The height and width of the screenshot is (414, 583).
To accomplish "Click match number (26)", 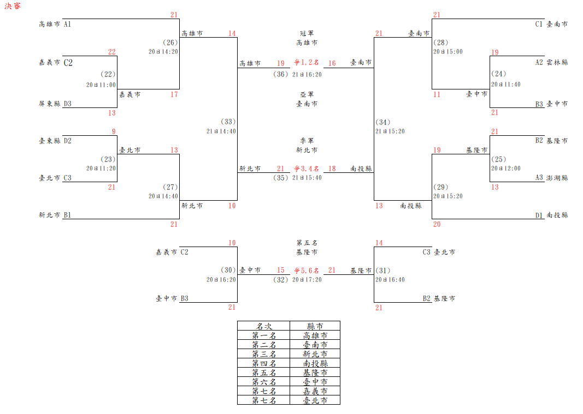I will pyautogui.click(x=170, y=43).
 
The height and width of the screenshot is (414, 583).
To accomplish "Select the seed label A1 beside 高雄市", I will pyautogui.click(x=68, y=24).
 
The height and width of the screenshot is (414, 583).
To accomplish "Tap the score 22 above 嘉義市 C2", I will pyautogui.click(x=112, y=52).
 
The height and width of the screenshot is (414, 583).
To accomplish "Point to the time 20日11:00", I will pyautogui.click(x=101, y=85).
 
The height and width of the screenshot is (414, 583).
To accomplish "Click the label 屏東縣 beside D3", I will pyautogui.click(x=50, y=103).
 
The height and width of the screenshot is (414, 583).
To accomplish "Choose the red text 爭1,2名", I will pyautogui.click(x=307, y=63).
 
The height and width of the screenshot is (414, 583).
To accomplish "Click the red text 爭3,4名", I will pyautogui.click(x=307, y=169).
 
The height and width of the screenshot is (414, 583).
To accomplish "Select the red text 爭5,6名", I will pyautogui.click(x=307, y=270).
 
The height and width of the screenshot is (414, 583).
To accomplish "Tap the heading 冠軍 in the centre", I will pyautogui.click(x=307, y=33).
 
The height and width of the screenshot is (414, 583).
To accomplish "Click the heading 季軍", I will pyautogui.click(x=307, y=140).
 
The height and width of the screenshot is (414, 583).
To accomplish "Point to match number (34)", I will pyautogui.click(x=384, y=122).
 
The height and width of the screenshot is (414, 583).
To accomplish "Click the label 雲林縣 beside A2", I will pyautogui.click(x=557, y=62).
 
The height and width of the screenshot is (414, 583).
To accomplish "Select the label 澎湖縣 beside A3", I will pyautogui.click(x=557, y=177).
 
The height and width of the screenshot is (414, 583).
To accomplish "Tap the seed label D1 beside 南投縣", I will pyautogui.click(x=539, y=215).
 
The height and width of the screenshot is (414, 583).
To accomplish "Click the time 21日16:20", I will pyautogui.click(x=307, y=74).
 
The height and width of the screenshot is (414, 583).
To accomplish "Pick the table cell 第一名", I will pyautogui.click(x=264, y=335).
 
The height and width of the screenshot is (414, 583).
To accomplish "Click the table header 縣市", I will pyautogui.click(x=315, y=326).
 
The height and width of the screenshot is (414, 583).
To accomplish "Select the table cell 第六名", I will pyautogui.click(x=264, y=382).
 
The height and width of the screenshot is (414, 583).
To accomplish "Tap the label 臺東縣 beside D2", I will pyautogui.click(x=50, y=141).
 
